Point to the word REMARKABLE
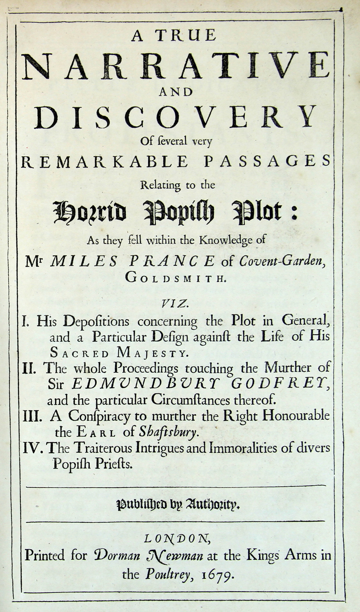coord(104,162)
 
